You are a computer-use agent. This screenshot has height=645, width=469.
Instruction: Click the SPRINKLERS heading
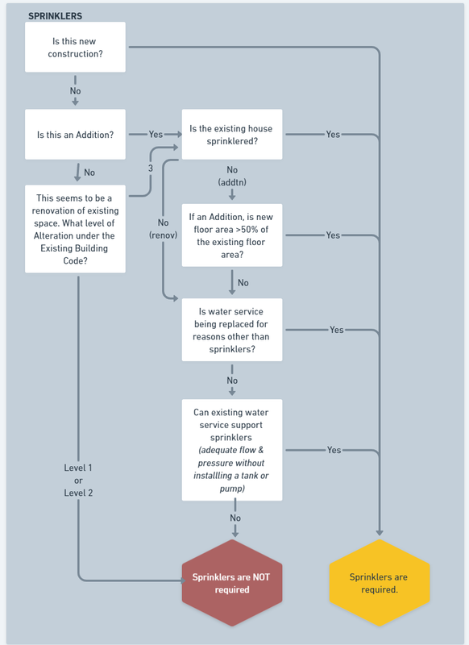click(x=55, y=16)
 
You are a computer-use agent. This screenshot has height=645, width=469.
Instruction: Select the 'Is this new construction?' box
click(x=75, y=48)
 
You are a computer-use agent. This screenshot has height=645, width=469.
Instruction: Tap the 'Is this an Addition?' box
click(x=75, y=135)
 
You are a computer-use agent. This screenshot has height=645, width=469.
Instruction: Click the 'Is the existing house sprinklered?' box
click(x=232, y=135)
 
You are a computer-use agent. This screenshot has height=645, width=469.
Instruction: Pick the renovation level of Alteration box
click(x=75, y=229)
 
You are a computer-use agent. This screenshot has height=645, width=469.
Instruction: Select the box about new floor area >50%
click(x=232, y=235)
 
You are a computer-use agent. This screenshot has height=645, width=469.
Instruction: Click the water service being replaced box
click(x=232, y=330)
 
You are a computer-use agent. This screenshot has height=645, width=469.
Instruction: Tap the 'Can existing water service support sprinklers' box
click(x=232, y=450)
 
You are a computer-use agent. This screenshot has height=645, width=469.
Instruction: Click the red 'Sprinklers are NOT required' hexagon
click(x=232, y=583)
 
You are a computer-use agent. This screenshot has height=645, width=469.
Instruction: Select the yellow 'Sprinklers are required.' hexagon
click(x=380, y=583)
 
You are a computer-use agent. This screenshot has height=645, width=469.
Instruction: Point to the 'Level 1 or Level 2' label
click(x=78, y=480)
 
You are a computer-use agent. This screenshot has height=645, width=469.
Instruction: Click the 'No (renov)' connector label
click(x=164, y=229)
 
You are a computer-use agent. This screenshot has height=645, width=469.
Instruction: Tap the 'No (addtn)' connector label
click(x=232, y=176)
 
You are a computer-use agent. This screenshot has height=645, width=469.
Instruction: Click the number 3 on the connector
click(x=151, y=168)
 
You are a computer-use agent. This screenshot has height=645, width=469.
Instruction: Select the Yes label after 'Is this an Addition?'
click(x=156, y=135)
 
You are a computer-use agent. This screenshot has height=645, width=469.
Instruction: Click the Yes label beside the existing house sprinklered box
click(x=333, y=135)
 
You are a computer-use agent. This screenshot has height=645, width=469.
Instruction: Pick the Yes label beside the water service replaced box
click(x=337, y=330)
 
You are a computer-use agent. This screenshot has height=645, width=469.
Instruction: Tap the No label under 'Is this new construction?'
click(x=75, y=91)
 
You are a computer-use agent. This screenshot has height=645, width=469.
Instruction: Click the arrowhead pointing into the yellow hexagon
click(x=380, y=532)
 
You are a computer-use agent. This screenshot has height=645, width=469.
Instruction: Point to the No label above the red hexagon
click(x=235, y=518)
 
